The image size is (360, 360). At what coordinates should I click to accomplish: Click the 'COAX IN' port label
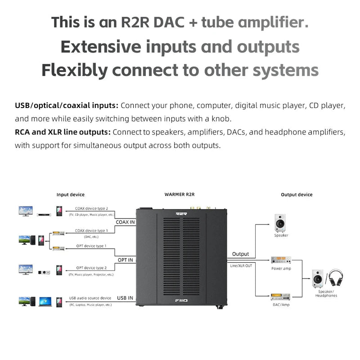click(125, 222)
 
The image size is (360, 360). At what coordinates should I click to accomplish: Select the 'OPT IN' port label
click(125, 260)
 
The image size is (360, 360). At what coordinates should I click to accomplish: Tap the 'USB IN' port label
click(125, 297)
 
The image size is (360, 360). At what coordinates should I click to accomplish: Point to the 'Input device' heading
click(71, 194)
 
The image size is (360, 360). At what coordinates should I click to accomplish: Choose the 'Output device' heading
click(297, 194)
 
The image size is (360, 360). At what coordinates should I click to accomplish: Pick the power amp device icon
click(281, 260)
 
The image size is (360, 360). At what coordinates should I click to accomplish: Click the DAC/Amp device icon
click(281, 297)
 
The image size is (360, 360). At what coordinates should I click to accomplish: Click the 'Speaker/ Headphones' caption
click(326, 293)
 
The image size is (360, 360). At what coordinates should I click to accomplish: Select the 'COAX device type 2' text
click(91, 208)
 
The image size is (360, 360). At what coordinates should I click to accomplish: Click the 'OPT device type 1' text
click(91, 246)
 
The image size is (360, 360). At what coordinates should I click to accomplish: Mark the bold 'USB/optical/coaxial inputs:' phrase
click(67, 105)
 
